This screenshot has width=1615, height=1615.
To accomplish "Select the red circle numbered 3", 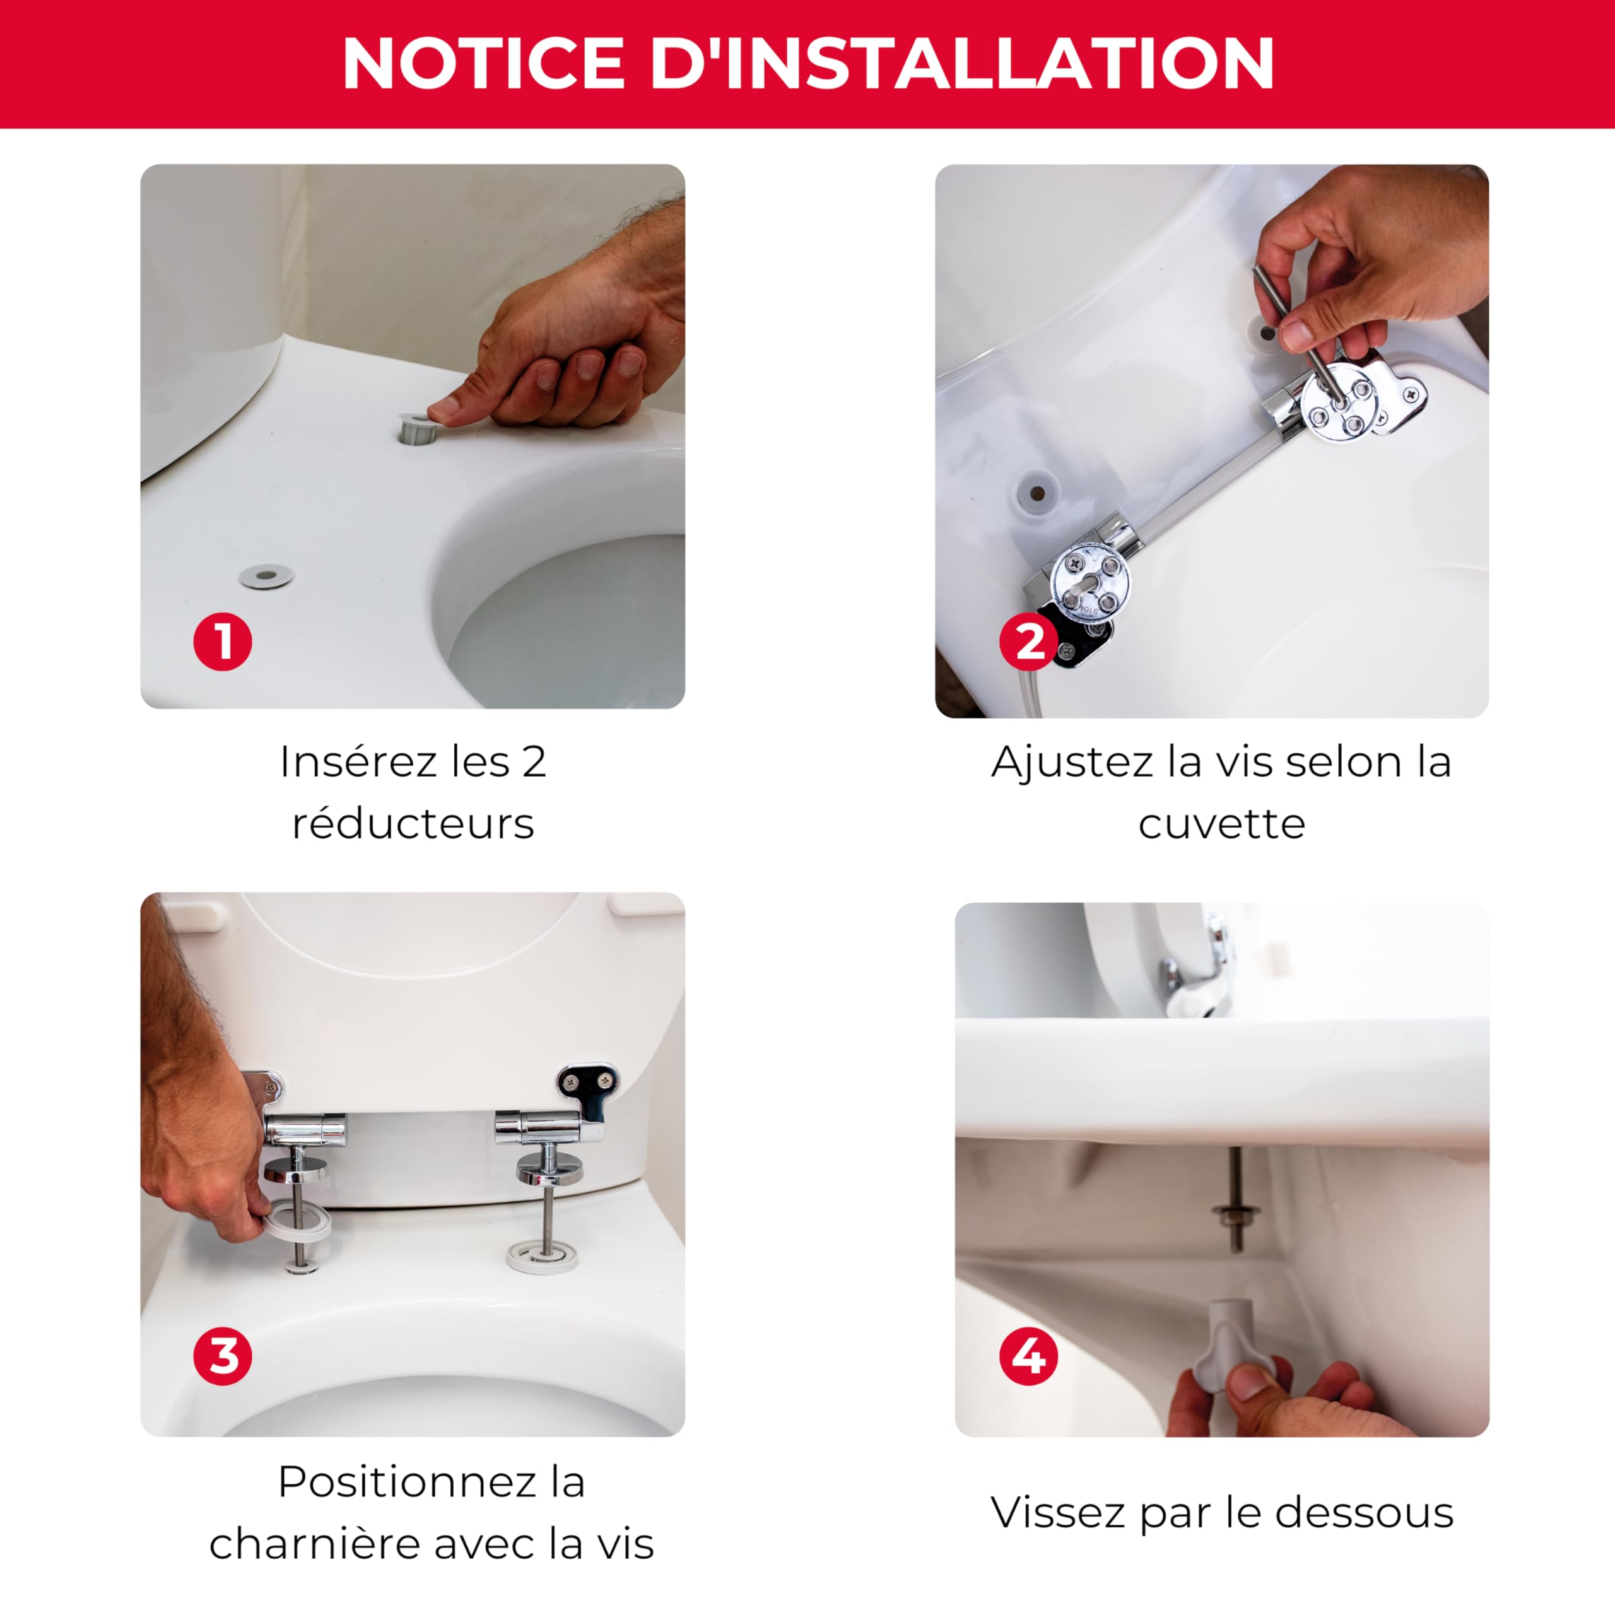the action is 222,1356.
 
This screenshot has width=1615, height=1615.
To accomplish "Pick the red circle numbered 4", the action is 1029,1356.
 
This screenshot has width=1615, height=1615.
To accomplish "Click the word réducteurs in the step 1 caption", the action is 413,823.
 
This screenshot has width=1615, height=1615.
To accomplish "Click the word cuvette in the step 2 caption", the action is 1221,823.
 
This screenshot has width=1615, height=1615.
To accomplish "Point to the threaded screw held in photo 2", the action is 1298,335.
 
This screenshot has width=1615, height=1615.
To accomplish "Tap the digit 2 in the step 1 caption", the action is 534,761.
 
